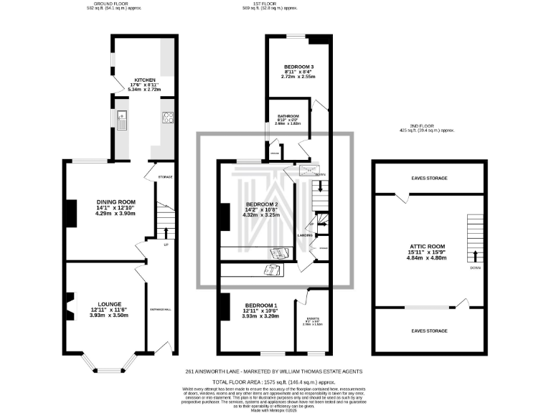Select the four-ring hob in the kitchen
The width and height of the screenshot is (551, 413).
tap(168, 118)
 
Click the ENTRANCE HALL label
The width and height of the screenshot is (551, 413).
tap(159, 309)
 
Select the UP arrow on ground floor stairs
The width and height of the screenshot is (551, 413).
tap(166, 232)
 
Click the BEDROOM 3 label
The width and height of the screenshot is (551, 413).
tap(294, 67)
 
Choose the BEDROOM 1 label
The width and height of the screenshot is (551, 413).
tap(258, 305)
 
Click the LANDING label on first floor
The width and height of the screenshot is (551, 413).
tap(304, 234)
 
